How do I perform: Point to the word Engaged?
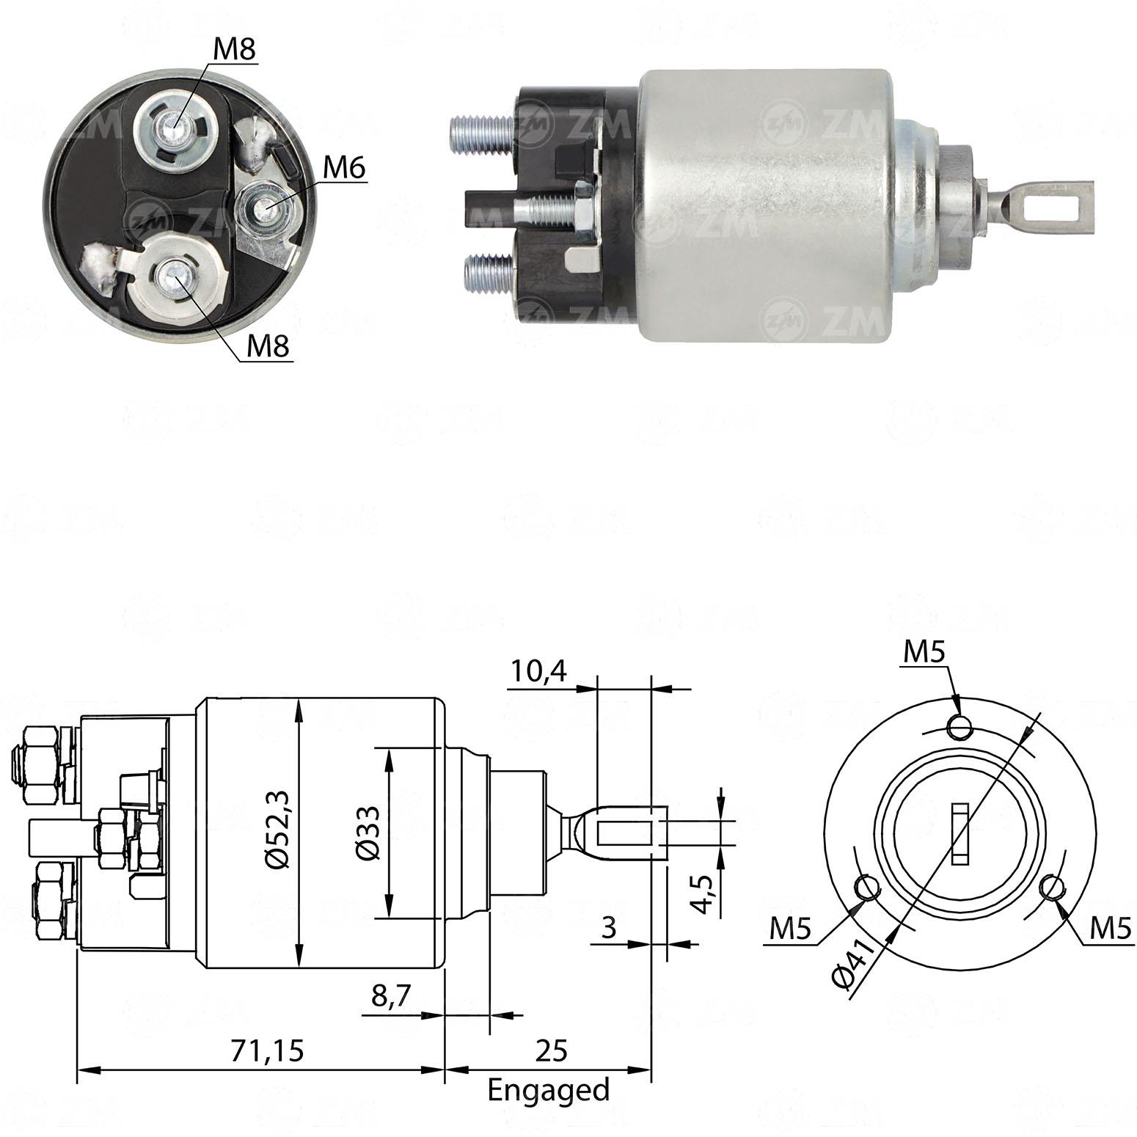pyautogui.click(x=549, y=1090)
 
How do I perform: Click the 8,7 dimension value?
pyautogui.click(x=392, y=997)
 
